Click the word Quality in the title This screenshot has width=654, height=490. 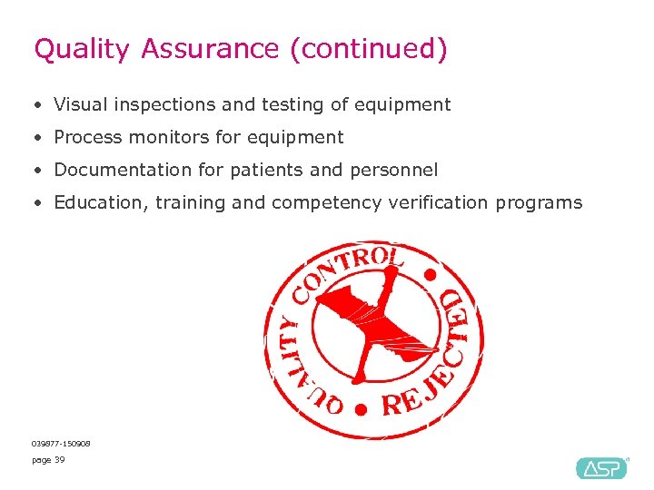pos(82,49)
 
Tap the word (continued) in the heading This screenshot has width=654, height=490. pos(369,49)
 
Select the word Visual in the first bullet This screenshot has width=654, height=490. pos(79,104)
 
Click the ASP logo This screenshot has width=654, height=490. pos(601,467)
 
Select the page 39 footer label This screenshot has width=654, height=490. pos(48,460)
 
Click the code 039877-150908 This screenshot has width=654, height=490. pos(61,443)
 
